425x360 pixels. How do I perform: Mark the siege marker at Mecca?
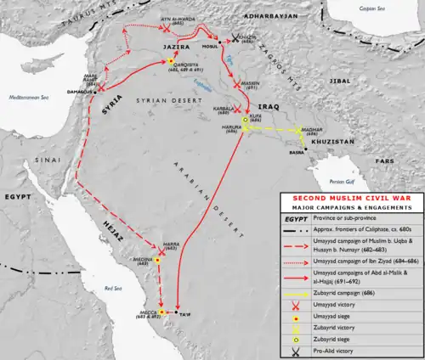[x=161, y=313]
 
